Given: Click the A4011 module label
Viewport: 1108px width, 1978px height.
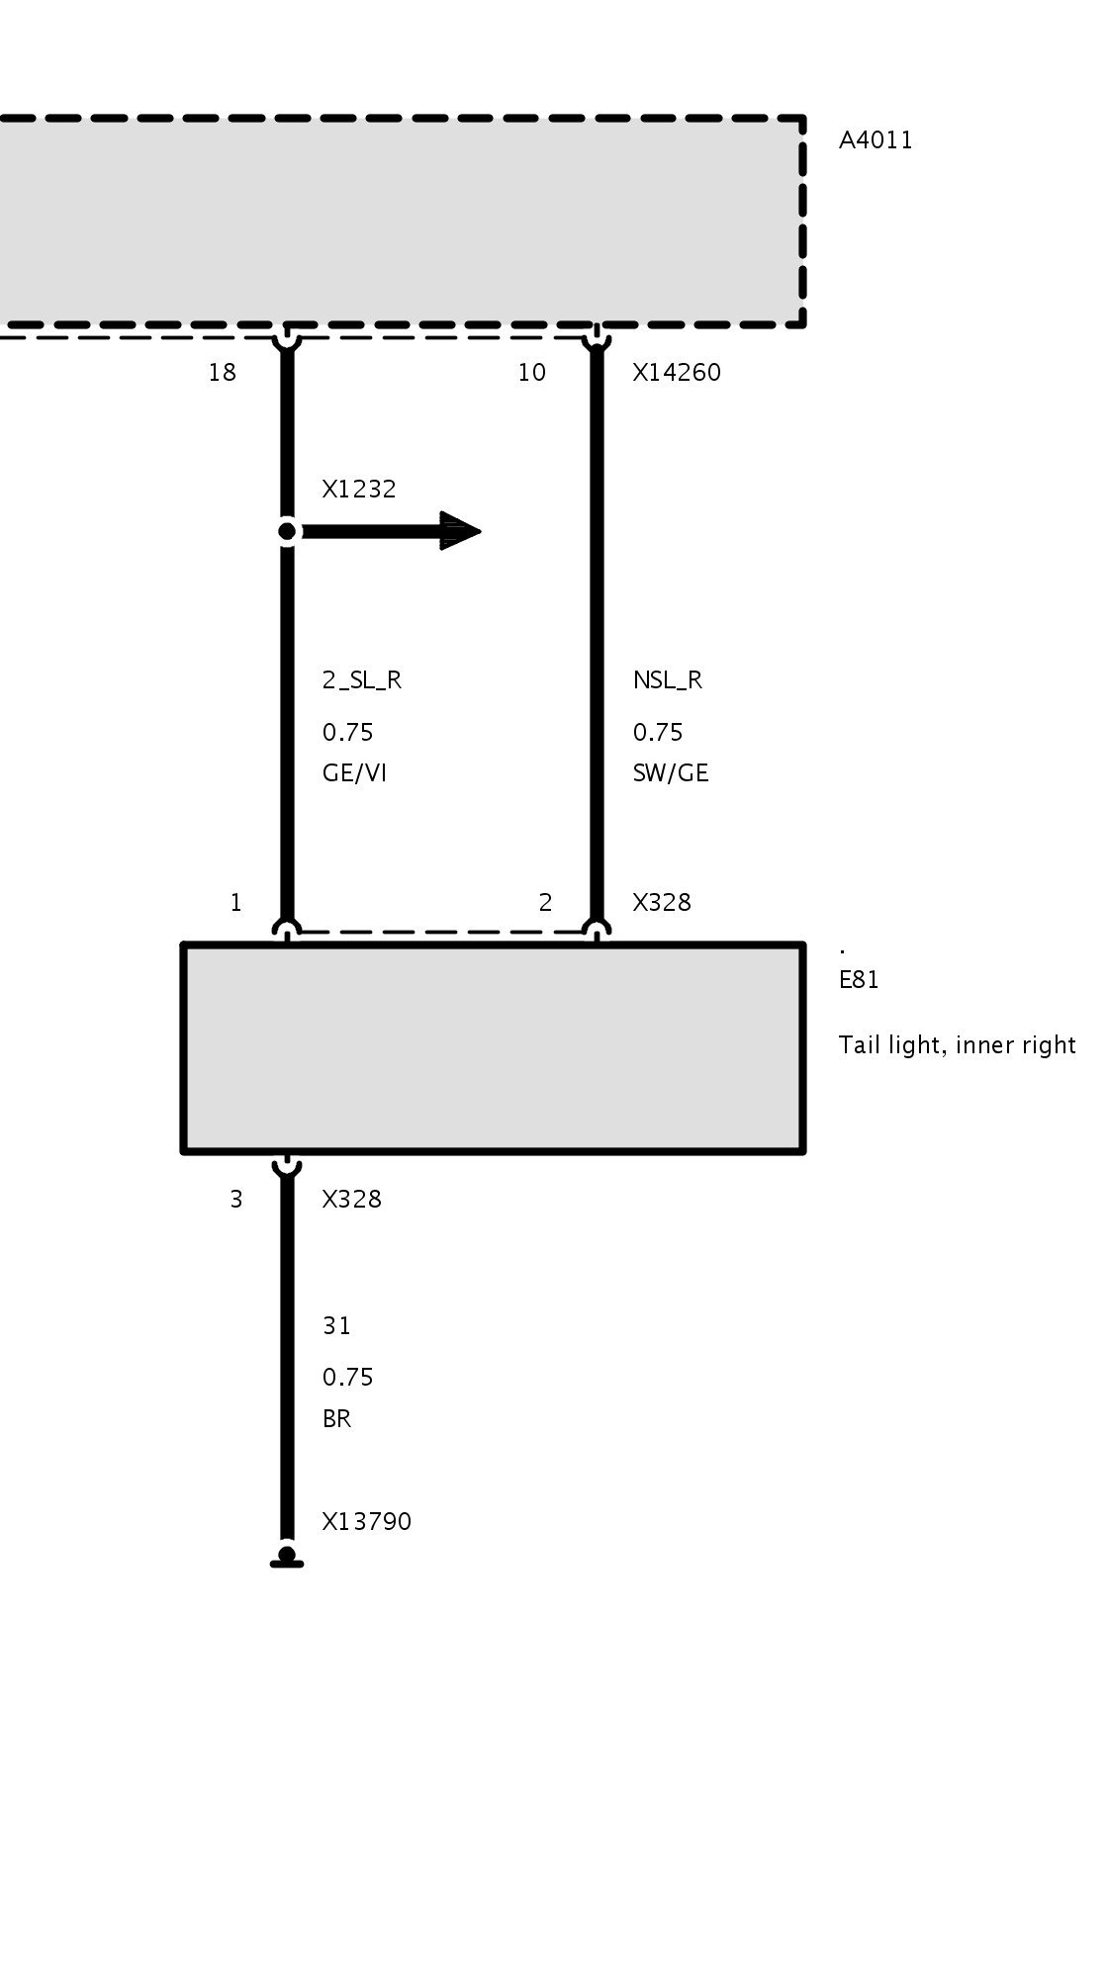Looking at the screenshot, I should [x=876, y=140].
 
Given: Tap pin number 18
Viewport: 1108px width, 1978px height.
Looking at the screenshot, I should [x=222, y=373].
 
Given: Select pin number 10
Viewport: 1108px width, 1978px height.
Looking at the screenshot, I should [x=531, y=373].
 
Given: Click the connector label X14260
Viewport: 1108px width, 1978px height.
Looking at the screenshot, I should [x=677, y=373].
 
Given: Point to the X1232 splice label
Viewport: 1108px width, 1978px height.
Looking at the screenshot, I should [x=358, y=490].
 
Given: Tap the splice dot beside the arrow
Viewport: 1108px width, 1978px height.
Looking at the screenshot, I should [x=287, y=531].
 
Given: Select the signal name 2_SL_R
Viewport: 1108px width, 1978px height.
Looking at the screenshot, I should [x=361, y=680].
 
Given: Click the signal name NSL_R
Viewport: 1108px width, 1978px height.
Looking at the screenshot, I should [x=668, y=680].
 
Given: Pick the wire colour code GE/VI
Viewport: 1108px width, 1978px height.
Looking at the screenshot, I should [x=354, y=773].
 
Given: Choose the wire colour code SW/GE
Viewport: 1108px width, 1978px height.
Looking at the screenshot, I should [x=671, y=773].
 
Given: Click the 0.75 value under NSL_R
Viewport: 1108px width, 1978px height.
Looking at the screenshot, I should [x=658, y=733].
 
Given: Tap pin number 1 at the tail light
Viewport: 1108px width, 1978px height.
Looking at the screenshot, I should [x=235, y=903].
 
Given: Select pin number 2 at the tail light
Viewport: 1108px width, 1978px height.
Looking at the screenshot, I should [x=545, y=903].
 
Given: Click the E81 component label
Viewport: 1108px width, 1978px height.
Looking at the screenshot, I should [x=859, y=980].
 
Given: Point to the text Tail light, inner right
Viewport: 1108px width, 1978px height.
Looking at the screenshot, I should [x=957, y=1045].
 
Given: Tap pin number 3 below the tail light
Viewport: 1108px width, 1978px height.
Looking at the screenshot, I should [x=235, y=1200].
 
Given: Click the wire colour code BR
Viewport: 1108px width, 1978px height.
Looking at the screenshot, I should [x=336, y=1419].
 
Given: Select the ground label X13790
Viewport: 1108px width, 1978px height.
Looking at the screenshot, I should [x=366, y=1521].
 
